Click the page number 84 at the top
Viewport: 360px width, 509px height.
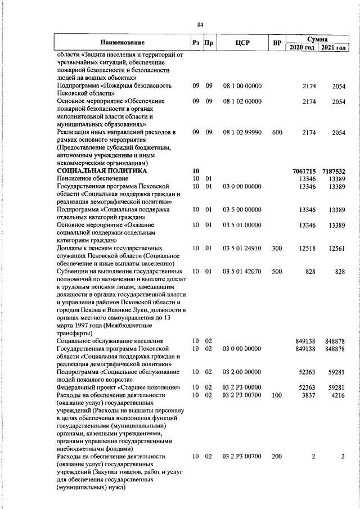[201, 24]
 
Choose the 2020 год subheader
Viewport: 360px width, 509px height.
[303, 47]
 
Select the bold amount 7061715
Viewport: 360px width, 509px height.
[304, 170]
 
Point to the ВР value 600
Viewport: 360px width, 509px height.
[277, 132]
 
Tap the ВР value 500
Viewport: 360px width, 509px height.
[277, 272]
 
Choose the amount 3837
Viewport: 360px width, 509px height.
[309, 395]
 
